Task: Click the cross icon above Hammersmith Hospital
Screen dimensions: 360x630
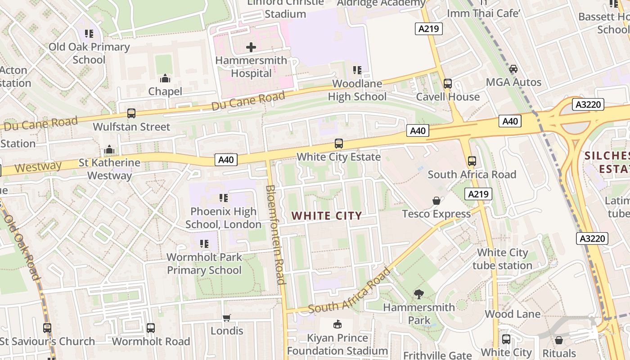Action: (x=251, y=47)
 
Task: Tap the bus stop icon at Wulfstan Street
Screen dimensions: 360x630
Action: (x=131, y=113)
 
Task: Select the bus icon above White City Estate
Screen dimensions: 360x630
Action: (x=339, y=144)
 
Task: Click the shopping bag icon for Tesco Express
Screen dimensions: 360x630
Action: (x=436, y=201)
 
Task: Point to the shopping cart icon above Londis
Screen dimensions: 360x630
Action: (x=227, y=318)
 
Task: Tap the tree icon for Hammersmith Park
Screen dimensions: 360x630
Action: (x=419, y=294)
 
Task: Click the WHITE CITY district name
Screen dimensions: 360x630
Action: (x=327, y=216)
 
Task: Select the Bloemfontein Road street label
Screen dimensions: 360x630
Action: (x=275, y=234)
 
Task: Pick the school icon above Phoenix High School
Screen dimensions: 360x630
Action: (x=223, y=198)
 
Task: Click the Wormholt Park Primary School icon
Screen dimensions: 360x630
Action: (x=204, y=244)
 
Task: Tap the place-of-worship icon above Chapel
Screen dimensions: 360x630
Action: (x=165, y=78)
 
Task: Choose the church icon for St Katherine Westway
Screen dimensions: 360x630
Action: (x=109, y=149)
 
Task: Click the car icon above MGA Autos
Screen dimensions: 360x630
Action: (x=513, y=69)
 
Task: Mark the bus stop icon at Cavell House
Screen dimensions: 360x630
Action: (x=448, y=84)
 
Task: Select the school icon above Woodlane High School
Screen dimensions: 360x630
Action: (x=357, y=70)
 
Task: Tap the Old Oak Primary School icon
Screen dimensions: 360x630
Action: (x=89, y=34)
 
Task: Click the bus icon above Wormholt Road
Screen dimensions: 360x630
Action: (x=151, y=328)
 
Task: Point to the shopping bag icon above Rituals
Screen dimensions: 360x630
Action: (x=559, y=340)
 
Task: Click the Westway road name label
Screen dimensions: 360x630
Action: (x=38, y=167)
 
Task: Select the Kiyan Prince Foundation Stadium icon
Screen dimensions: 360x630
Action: (x=337, y=324)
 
